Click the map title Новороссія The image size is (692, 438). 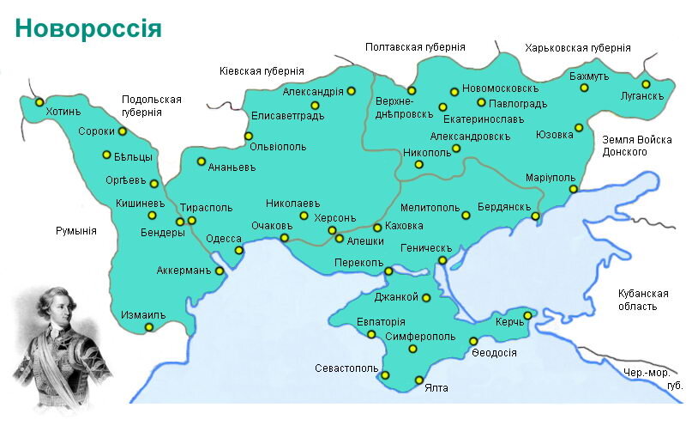(x=88, y=28)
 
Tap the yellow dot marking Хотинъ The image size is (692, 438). (x=39, y=101)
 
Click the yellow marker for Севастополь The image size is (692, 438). (x=385, y=374)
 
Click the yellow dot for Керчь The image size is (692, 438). (x=527, y=315)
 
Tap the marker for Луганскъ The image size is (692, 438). (x=646, y=84)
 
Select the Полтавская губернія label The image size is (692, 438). (x=415, y=48)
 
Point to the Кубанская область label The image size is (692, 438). (x=642, y=299)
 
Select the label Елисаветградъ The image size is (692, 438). (x=287, y=116)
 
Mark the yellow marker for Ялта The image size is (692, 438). (x=419, y=380)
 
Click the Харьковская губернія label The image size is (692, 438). (x=578, y=48)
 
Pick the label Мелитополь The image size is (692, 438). (x=430, y=208)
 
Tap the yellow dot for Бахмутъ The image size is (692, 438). (x=584, y=88)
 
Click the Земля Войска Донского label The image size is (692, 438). (x=636, y=145)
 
